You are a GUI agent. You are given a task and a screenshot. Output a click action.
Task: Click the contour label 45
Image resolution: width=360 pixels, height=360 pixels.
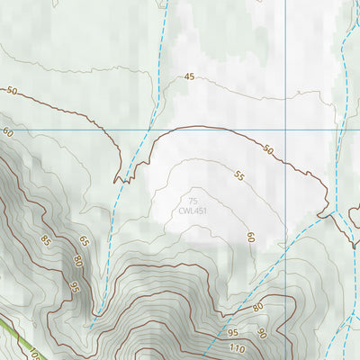pyautogui.click(x=189, y=77)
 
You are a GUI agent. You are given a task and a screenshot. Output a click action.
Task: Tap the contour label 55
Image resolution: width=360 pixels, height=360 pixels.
pyautogui.click(x=238, y=177)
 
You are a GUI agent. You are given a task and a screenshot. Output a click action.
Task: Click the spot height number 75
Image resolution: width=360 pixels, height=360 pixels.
pyautogui.click(x=193, y=201)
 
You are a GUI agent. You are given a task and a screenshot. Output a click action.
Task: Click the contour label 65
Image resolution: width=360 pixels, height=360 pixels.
pyautogui.click(x=84, y=241)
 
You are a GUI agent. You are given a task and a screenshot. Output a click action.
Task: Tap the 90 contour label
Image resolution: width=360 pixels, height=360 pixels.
pyautogui.click(x=262, y=333)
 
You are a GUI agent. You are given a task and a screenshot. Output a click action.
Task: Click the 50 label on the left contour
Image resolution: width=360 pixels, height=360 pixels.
pyautogui.click(x=12, y=91)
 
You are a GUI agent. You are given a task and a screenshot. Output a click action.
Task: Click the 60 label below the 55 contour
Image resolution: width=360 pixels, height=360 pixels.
pyautogui.click(x=251, y=238)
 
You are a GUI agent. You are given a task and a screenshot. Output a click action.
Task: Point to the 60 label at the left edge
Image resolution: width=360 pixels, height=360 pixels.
pyautogui.click(x=8, y=132)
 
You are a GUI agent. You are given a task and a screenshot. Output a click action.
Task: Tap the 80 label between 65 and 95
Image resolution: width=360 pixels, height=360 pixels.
pyautogui.click(x=79, y=261)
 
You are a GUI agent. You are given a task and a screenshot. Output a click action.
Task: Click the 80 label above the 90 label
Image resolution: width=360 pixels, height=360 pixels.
pyautogui.click(x=257, y=308)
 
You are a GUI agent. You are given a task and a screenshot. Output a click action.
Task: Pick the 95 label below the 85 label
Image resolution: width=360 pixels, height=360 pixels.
pyautogui.click(x=75, y=287)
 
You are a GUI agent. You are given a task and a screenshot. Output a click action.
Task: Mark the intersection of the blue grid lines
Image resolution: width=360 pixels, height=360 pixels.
pyautogui.click(x=286, y=130)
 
